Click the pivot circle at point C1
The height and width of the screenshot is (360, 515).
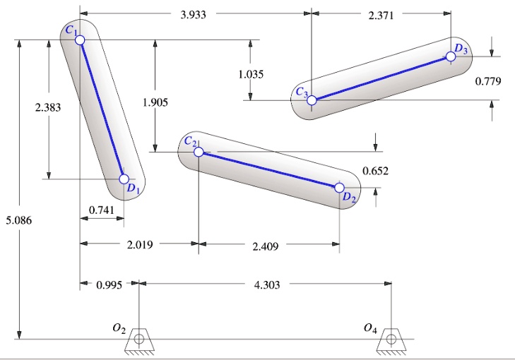coord(80,40)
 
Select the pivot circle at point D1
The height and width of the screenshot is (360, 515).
coord(124,179)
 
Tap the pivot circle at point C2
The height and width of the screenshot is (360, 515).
coord(199,152)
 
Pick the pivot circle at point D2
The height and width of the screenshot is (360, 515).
coord(339,188)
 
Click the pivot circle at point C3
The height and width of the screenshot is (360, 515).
coord(312,100)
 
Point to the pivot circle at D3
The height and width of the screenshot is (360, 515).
coord(451,57)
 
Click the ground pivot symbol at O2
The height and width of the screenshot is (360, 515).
coord(138,340)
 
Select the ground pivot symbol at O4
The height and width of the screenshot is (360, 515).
coord(389,340)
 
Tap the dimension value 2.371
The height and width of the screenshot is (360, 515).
coord(381,13)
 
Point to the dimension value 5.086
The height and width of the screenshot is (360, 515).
coord(17,221)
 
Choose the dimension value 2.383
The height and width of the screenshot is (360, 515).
coord(48,108)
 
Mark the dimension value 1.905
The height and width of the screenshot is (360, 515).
coord(155,103)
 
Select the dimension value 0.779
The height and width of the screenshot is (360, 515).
coord(488,81)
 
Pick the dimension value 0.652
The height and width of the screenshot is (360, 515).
coord(375,171)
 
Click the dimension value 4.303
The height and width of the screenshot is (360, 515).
coord(267,284)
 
